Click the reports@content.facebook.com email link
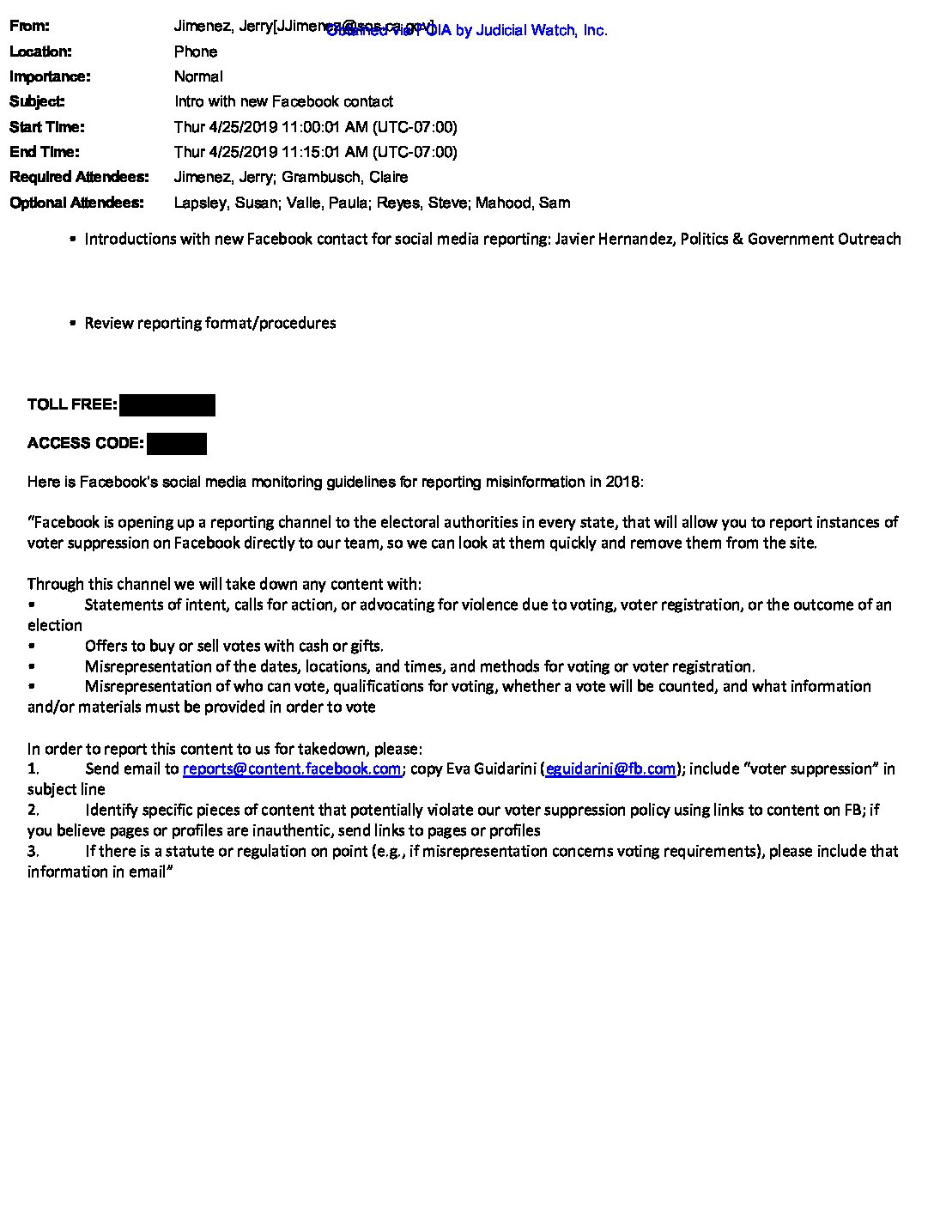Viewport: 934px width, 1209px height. click(292, 769)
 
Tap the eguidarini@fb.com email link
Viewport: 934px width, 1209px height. click(610, 769)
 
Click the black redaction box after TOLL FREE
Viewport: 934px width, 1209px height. click(167, 405)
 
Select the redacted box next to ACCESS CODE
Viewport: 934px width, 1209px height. click(177, 444)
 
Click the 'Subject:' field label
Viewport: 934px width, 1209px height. click(37, 101)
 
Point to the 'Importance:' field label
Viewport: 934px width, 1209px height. click(50, 76)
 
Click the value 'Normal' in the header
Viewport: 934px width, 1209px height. click(198, 76)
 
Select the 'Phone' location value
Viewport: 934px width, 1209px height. click(196, 52)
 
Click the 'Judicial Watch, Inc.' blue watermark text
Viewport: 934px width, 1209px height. click(541, 31)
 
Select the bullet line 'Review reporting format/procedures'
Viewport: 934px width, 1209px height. click(210, 323)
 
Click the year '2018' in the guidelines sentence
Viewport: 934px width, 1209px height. click(622, 482)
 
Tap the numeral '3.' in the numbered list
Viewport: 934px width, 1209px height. click(33, 851)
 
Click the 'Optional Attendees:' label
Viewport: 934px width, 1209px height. click(76, 203)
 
